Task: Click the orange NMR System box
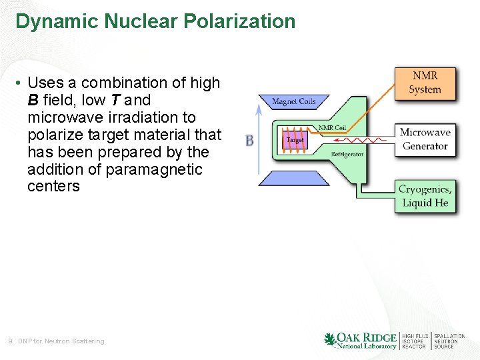coord(425,83)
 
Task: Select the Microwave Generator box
coord(425,139)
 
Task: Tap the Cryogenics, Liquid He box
coord(426,196)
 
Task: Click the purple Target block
coord(295,140)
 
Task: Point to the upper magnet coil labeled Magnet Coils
coord(293,102)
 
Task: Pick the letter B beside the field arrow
coord(249,141)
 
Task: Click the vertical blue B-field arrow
coord(259,140)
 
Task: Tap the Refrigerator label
coord(347,154)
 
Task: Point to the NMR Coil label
coord(332,127)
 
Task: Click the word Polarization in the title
coord(243,21)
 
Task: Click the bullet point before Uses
coord(19,83)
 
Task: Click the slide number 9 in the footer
coord(10,341)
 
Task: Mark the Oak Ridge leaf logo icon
coord(329,340)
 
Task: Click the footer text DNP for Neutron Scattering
coord(61,341)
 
